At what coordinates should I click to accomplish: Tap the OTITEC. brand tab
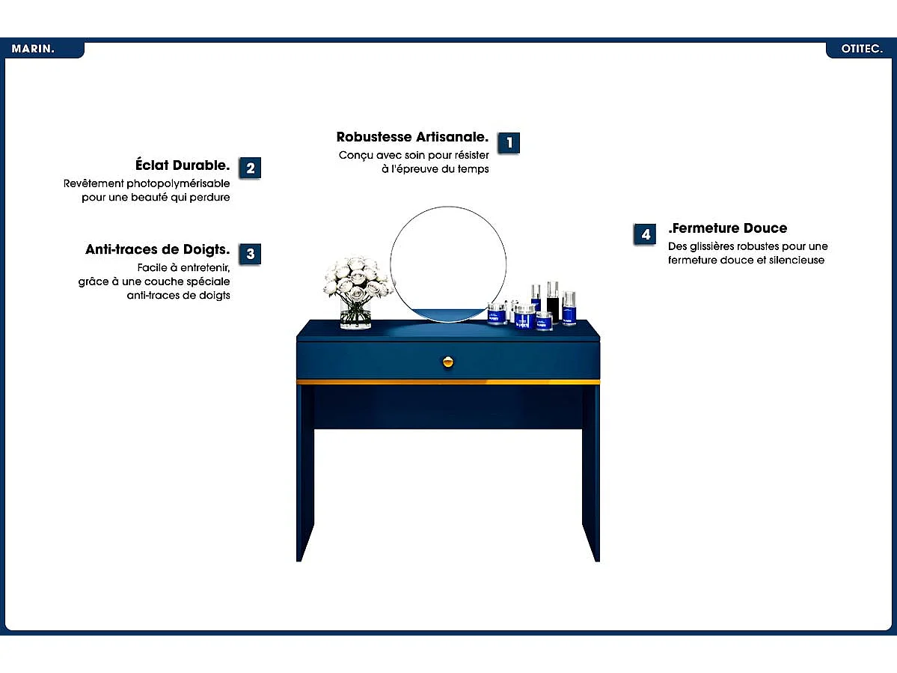[861, 49]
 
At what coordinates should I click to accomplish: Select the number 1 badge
[509, 142]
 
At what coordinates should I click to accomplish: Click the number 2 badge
[250, 168]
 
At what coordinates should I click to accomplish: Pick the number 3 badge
[250, 254]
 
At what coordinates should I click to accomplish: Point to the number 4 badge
[646, 234]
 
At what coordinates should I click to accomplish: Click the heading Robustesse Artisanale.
[412, 137]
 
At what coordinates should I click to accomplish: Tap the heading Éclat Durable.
[183, 165]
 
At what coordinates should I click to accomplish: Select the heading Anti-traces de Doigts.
[157, 249]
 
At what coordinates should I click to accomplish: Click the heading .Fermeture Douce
[728, 228]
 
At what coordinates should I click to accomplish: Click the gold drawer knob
[449, 362]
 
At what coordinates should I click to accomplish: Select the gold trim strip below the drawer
[448, 382]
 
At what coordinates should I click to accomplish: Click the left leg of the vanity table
[305, 472]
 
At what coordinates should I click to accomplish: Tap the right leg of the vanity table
[591, 472]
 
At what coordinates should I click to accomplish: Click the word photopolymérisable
[178, 183]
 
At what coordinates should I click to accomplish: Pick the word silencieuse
[796, 260]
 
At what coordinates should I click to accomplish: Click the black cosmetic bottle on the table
[553, 302]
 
